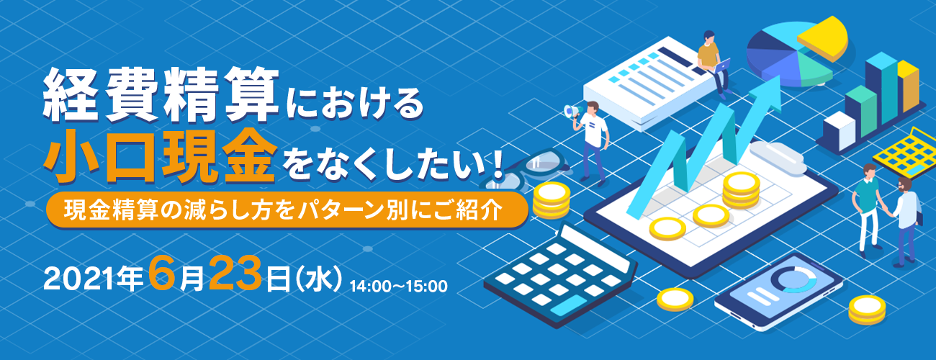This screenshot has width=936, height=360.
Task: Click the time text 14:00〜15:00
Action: click(x=398, y=285)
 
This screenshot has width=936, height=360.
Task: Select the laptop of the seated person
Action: click(x=722, y=66)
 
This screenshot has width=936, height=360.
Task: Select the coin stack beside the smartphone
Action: click(x=866, y=308)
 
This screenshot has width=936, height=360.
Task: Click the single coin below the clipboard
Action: click(x=675, y=297)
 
